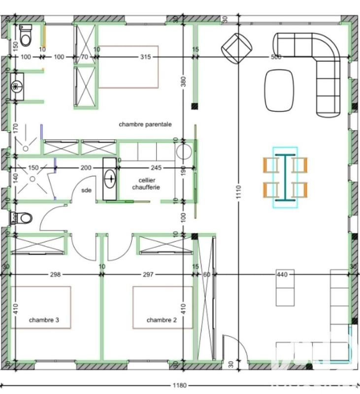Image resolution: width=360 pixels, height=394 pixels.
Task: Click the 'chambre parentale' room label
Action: point(145,125)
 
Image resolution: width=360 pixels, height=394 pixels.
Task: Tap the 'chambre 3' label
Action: point(44,320)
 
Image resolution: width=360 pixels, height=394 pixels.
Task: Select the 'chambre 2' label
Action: point(162,320)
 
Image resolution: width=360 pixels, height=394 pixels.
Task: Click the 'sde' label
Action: point(87,191)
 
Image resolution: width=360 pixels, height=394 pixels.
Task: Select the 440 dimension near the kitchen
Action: point(282,274)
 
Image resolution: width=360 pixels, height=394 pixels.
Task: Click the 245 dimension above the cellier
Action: point(157,168)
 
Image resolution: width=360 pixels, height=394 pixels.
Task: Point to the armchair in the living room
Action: point(237,48)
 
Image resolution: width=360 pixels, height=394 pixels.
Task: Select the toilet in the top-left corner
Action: point(26,35)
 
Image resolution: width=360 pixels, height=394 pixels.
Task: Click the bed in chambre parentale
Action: point(129,67)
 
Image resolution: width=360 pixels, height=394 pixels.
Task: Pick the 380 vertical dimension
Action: point(184,81)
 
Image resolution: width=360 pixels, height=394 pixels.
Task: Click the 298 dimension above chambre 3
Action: point(55,274)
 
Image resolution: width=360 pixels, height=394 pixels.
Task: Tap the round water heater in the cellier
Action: point(183,151)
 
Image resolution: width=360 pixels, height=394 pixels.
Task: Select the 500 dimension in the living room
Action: point(276,57)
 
